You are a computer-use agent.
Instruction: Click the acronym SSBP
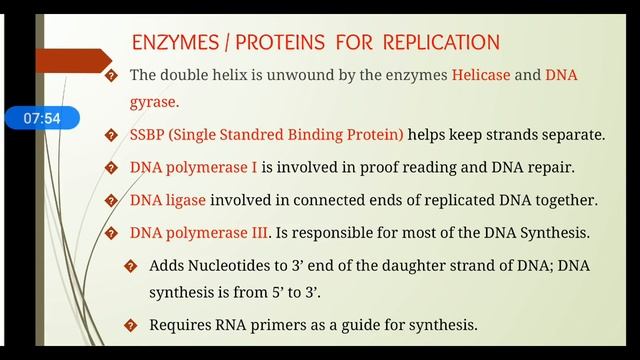(151, 135)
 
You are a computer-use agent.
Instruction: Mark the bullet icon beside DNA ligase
(112, 200)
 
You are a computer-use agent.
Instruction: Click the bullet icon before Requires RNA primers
(130, 325)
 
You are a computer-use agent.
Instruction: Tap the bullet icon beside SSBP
(112, 135)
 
